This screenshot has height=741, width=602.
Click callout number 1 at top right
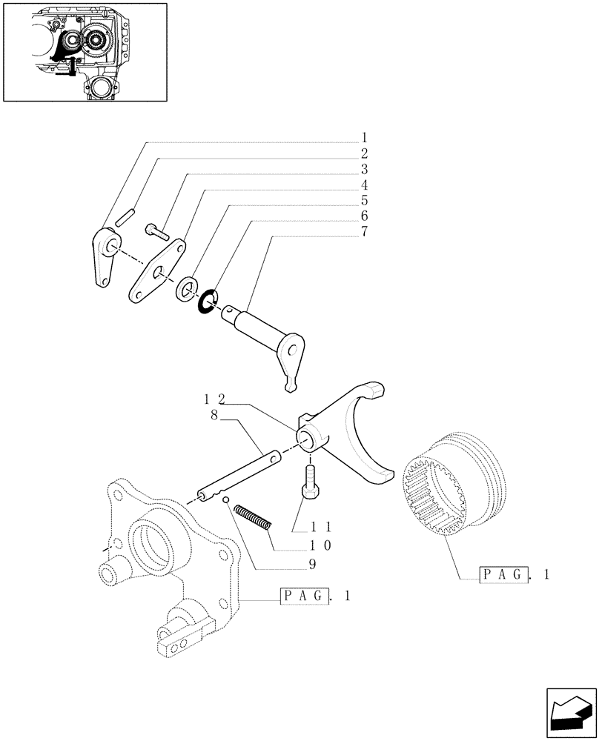(x=365, y=137)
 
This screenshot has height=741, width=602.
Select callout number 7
(x=365, y=232)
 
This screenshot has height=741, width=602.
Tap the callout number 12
(x=214, y=399)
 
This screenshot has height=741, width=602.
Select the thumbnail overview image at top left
(x=85, y=52)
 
